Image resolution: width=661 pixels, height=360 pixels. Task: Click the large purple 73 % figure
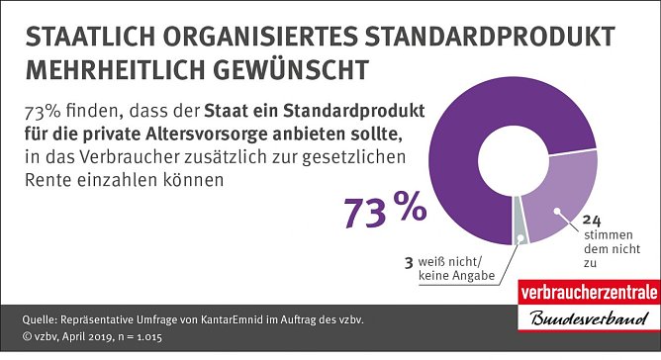click(x=384, y=209)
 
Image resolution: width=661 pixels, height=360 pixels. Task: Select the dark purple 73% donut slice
click(x=465, y=109)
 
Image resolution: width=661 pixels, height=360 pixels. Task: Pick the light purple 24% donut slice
click(x=565, y=198)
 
